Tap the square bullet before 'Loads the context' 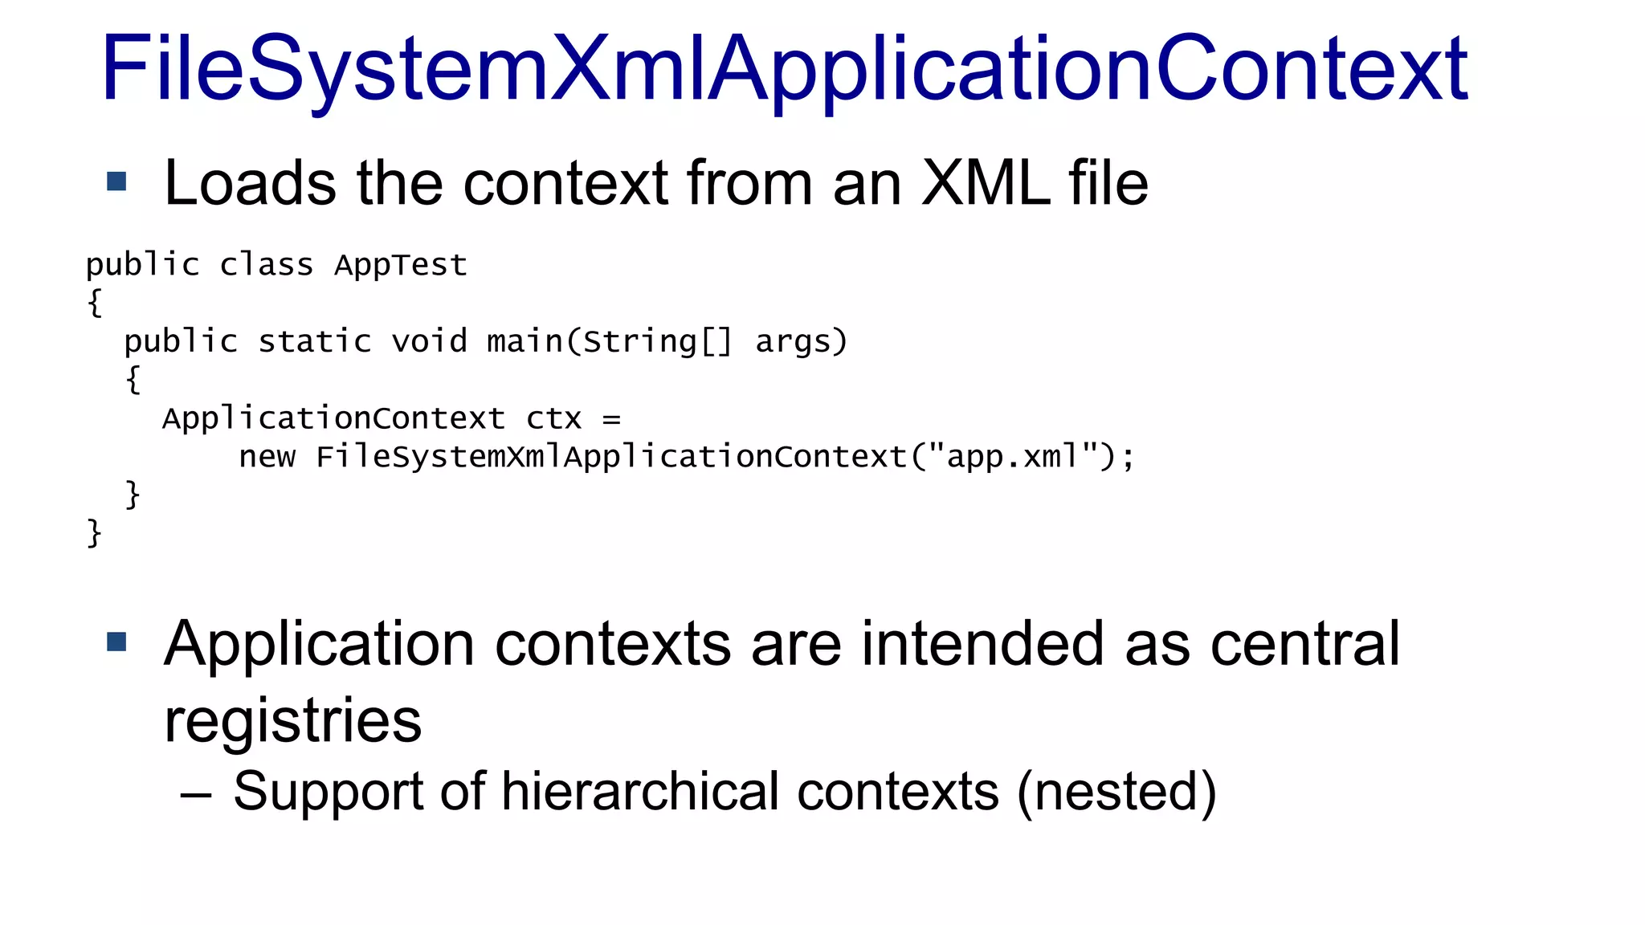coord(116,181)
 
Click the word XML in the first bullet coord(985,183)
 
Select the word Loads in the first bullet coord(250,183)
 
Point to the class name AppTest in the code coord(401,265)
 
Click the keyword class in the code coord(266,265)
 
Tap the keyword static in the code coord(314,342)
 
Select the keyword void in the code coord(429,342)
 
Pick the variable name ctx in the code coord(553,419)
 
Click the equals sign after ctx coord(611,419)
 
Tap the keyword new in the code coord(267,458)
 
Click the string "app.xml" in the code coord(1013,456)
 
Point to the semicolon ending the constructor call coord(1129,458)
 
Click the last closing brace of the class coord(95,533)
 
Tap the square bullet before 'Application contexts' coord(116,642)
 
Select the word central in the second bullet coord(1304,644)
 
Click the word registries coord(292,721)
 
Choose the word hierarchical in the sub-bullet coord(640,792)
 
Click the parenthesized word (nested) coord(1116,792)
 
